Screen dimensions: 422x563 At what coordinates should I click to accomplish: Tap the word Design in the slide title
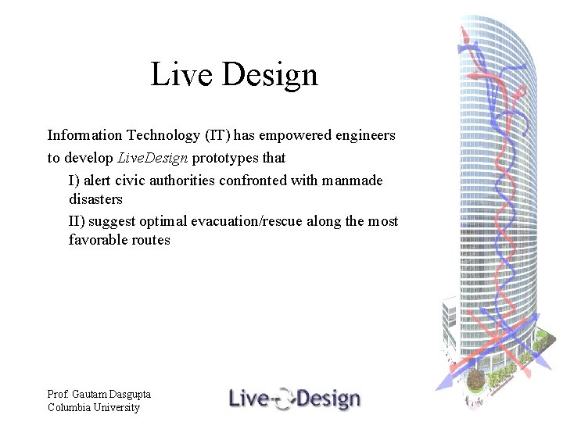tap(270, 75)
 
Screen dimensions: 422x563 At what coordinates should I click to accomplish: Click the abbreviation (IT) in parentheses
tap(221, 135)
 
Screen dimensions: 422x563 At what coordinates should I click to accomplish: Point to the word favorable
tap(96, 240)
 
